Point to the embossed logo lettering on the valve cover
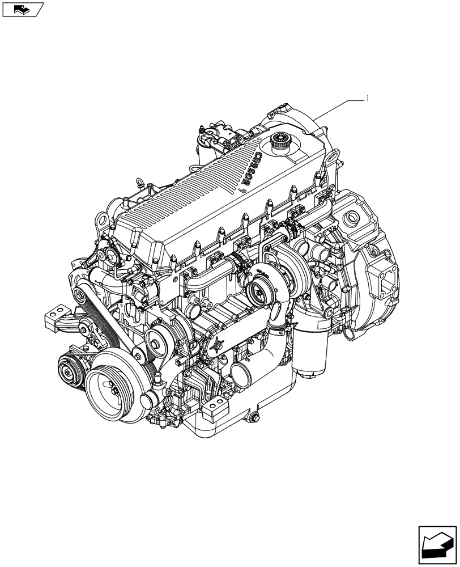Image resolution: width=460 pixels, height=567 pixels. (x=249, y=169)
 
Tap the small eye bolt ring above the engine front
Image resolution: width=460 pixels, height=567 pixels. (x=137, y=183)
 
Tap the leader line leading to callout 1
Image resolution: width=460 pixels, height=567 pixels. (x=340, y=108)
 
